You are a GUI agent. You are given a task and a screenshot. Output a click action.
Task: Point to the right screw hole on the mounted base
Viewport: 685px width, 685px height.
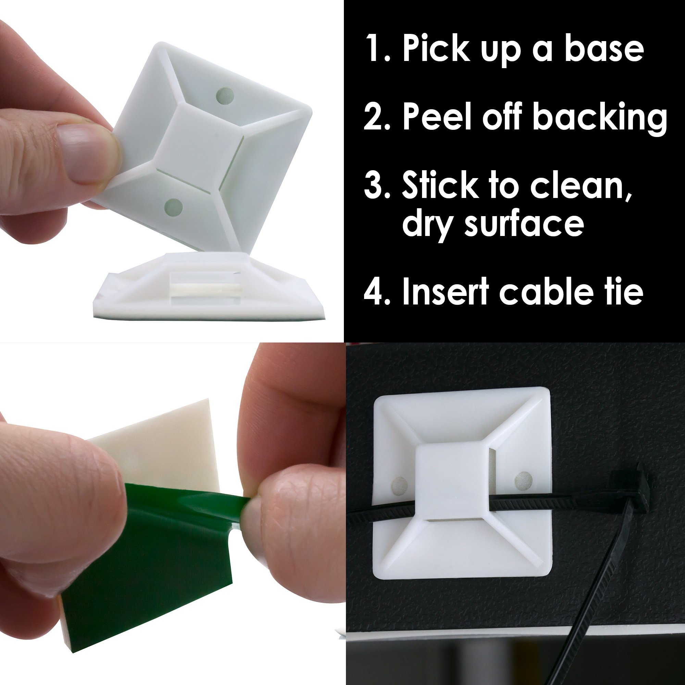click(523, 479)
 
